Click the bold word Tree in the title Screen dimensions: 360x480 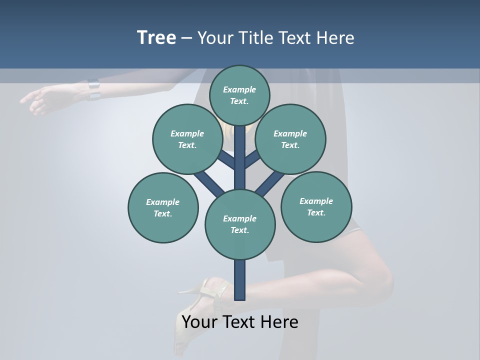(x=156, y=38)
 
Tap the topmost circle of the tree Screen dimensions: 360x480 (x=239, y=95)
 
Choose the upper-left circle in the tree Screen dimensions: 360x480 (x=187, y=139)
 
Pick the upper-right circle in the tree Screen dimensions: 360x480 (x=290, y=139)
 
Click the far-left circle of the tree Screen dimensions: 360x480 (x=163, y=207)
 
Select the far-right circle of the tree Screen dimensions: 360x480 (x=316, y=206)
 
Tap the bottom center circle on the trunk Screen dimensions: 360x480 (x=240, y=224)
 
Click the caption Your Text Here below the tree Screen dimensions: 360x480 (x=240, y=322)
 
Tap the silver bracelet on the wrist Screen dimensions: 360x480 (x=93, y=89)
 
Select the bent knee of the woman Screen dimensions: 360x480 (x=380, y=280)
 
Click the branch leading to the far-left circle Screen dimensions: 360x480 (x=209, y=183)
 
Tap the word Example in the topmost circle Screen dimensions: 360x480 (x=239, y=89)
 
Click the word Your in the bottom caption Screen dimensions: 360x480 (x=198, y=322)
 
